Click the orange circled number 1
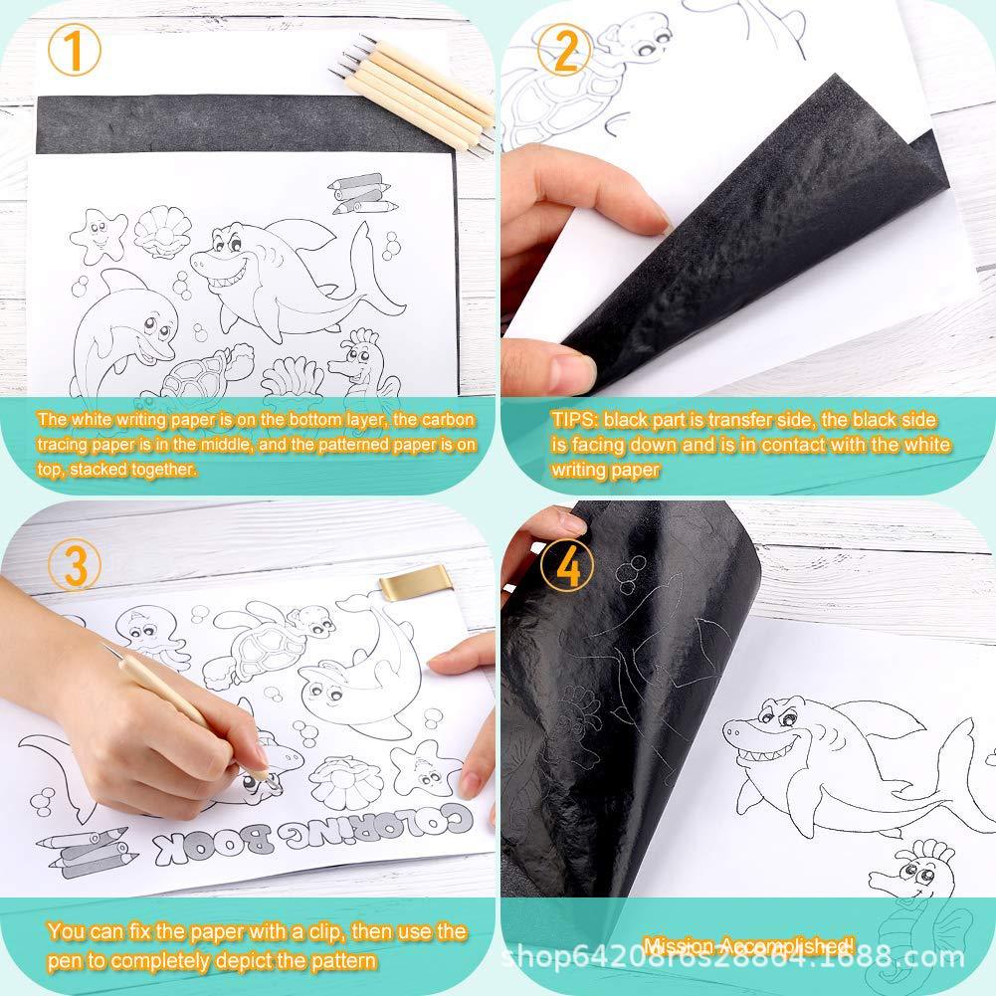(74, 51)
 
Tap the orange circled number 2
(565, 51)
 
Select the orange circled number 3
(74, 565)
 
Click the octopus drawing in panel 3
(152, 636)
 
